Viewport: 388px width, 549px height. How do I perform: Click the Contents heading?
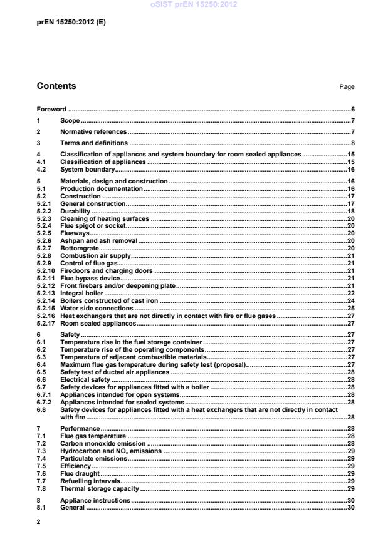56,86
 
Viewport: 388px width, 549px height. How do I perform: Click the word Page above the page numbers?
347,87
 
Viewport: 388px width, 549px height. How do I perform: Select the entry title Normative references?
93,132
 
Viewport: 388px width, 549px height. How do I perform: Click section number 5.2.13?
45,292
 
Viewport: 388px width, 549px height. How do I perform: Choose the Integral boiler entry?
81,292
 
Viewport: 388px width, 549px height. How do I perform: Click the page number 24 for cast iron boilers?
351,300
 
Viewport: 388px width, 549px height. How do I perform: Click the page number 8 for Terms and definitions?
353,143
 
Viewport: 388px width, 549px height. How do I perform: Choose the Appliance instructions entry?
95,500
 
